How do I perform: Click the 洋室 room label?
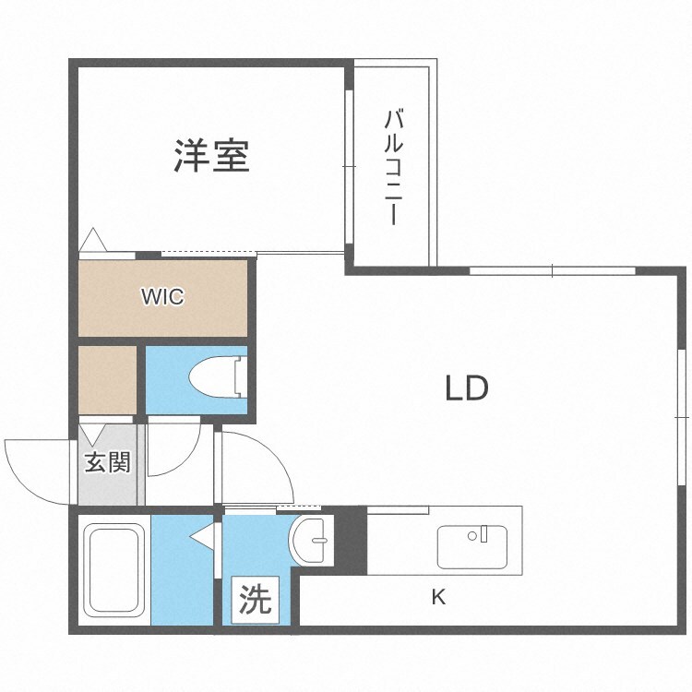[211, 156]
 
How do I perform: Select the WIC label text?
[162, 297]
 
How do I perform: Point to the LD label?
[467, 388]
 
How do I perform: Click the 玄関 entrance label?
[107, 461]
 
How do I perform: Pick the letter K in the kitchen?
[439, 597]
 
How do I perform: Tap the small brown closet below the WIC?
[107, 378]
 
